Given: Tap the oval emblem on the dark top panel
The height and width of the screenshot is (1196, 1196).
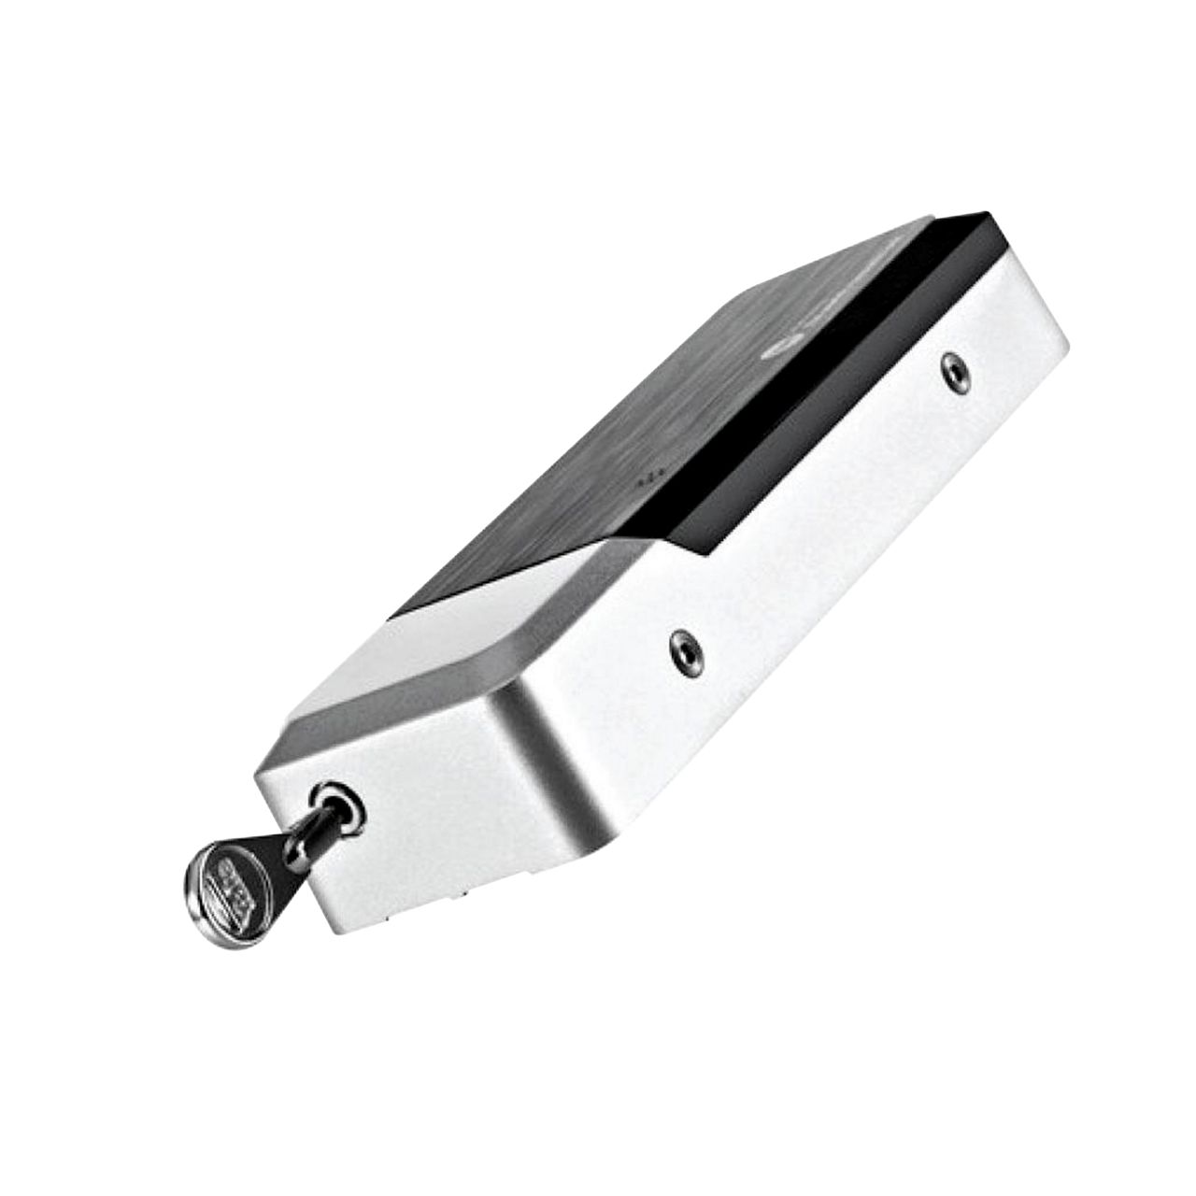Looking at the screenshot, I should (x=774, y=351).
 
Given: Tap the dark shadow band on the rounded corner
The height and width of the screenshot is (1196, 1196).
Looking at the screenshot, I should (x=561, y=747).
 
